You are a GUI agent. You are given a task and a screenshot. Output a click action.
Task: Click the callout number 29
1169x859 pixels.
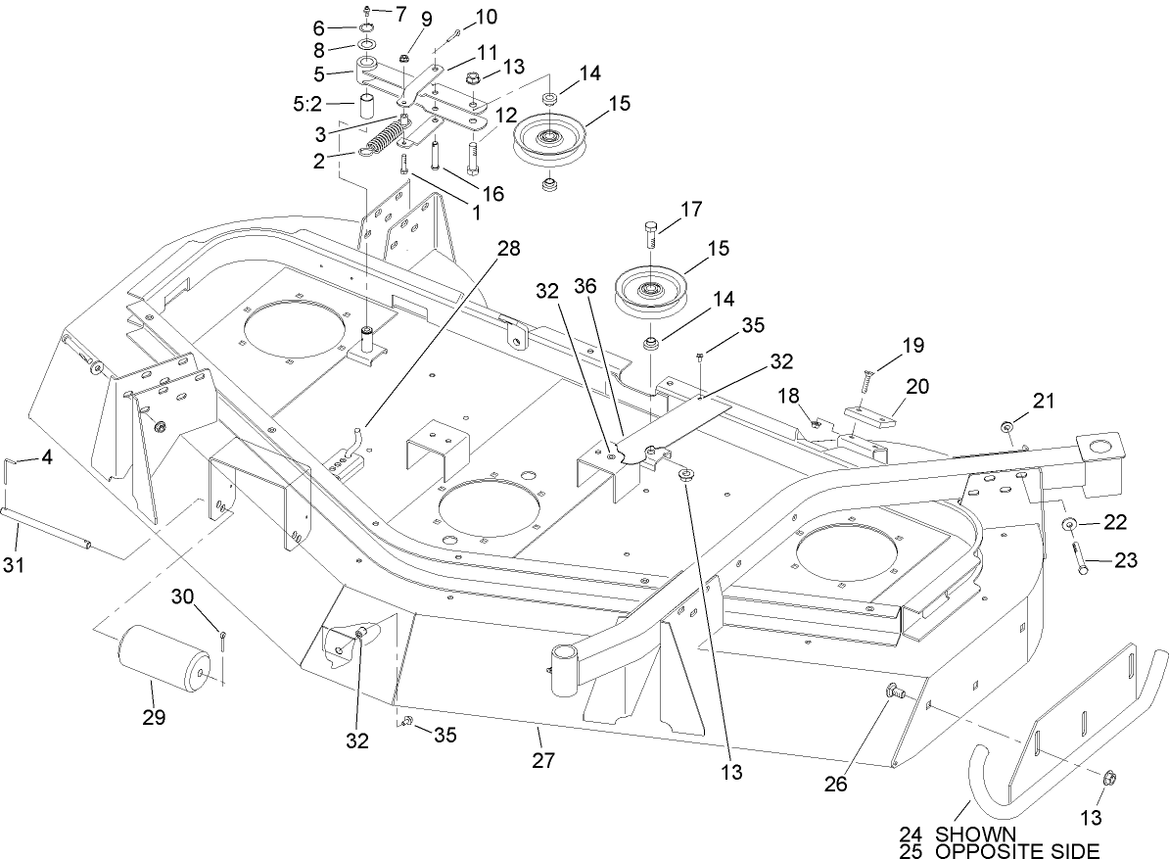coord(153,718)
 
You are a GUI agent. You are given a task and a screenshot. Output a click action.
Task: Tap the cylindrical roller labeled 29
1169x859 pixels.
coord(164,662)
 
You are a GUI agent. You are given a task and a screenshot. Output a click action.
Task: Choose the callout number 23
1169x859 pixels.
coord(1126,561)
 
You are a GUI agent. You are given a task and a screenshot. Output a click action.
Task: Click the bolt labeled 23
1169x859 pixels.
coord(1079,559)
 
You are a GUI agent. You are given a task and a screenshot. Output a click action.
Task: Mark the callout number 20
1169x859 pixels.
coord(916,386)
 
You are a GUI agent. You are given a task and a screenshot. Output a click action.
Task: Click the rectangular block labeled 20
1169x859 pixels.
coord(868,416)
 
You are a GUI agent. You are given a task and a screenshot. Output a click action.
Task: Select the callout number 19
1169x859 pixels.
coord(912,345)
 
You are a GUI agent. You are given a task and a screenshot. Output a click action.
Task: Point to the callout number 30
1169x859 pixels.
coord(185,597)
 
